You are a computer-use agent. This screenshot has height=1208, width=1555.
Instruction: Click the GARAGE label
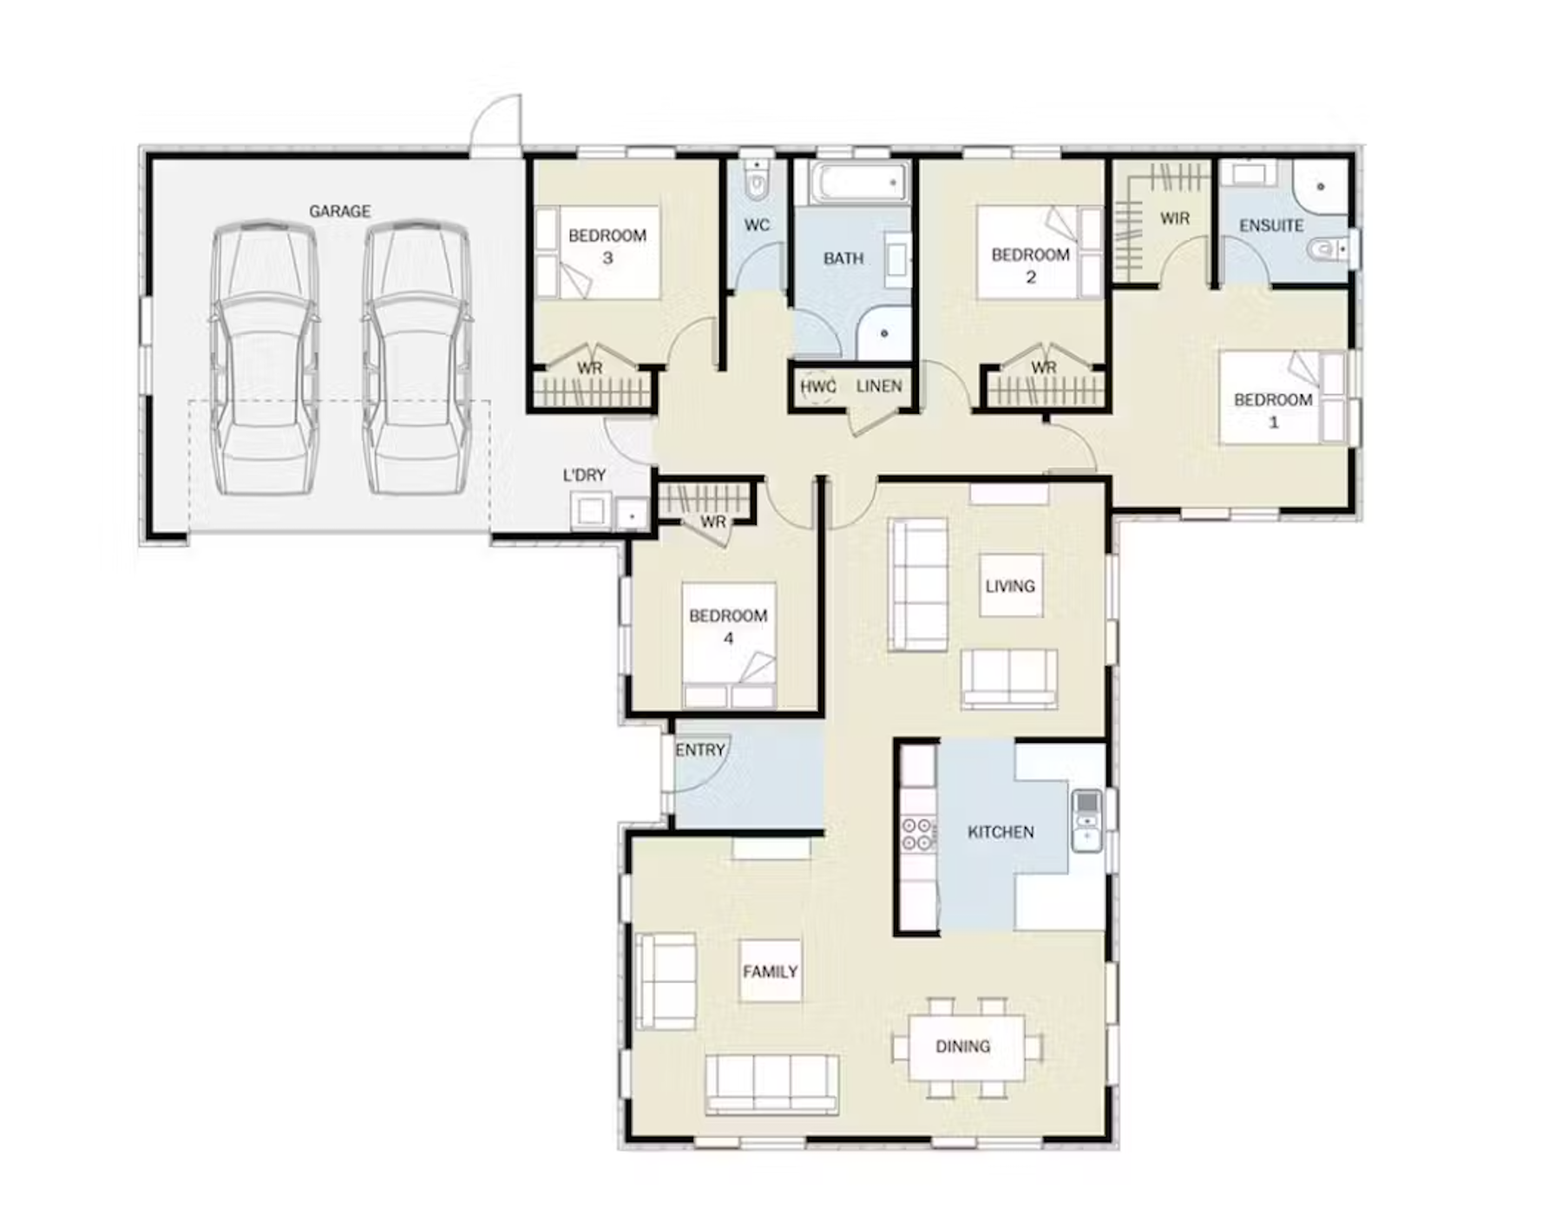coord(339,211)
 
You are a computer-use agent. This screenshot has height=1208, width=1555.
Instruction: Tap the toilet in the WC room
coord(758,181)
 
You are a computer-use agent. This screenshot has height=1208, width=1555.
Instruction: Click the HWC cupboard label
coord(817,386)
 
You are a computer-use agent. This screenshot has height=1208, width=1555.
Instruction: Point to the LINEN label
coord(879,386)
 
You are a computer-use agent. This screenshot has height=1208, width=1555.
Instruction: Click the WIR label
coord(1174,218)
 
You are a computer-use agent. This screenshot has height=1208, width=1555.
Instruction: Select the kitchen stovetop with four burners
coord(917,833)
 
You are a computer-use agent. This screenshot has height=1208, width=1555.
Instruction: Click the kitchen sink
coord(1086,820)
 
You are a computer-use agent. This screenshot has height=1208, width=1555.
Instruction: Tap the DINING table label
coord(962,1046)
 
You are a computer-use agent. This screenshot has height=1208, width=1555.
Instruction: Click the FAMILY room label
coord(770,971)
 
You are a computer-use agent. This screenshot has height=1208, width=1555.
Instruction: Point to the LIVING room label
coord(1010,586)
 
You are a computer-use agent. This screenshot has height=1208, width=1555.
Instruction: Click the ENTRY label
coord(699,750)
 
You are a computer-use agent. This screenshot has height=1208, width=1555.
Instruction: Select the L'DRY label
coord(584,475)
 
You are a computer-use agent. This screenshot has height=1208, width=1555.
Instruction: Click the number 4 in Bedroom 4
coord(728,638)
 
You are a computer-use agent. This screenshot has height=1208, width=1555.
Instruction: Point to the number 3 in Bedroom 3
coord(607,258)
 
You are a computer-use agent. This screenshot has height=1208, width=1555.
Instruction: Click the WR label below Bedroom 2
coord(1044,368)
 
